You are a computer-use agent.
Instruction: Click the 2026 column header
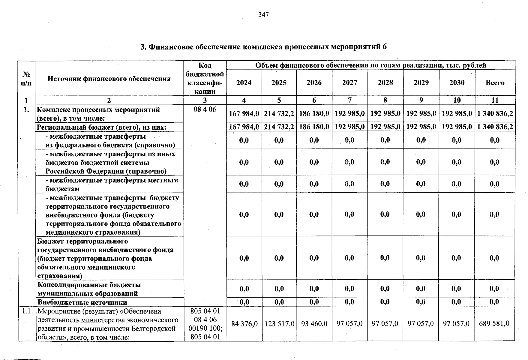click(x=314, y=83)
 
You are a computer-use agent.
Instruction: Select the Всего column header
click(x=495, y=83)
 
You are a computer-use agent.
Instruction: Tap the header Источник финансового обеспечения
click(x=109, y=79)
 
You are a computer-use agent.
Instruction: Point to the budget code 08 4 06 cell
click(x=205, y=109)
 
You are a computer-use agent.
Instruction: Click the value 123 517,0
click(x=279, y=324)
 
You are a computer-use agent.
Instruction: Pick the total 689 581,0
click(x=494, y=324)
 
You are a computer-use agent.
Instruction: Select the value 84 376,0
click(x=244, y=324)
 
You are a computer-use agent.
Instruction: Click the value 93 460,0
click(x=314, y=324)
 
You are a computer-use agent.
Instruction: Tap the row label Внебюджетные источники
click(x=82, y=302)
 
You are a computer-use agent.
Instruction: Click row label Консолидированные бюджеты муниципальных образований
click(x=89, y=289)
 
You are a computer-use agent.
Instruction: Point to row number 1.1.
click(x=27, y=311)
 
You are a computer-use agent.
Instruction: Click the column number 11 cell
click(x=495, y=100)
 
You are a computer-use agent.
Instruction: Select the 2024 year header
click(x=244, y=83)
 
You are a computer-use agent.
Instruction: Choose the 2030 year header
click(x=457, y=83)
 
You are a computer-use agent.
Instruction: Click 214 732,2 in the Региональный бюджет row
click(x=279, y=127)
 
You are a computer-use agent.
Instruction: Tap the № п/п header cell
click(x=26, y=79)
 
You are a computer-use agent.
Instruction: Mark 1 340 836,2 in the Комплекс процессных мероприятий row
click(x=495, y=114)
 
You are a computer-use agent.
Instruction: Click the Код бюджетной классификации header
click(x=205, y=79)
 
